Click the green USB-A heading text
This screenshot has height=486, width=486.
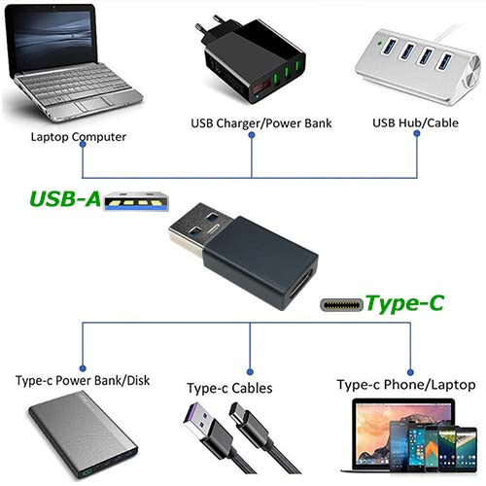click(65, 198)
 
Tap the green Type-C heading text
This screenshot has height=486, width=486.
click(404, 303)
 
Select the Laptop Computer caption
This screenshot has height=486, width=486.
click(79, 137)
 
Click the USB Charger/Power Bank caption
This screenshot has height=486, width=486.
click(261, 123)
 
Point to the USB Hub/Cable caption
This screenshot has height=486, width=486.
click(415, 122)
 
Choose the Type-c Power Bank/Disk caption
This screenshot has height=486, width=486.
click(83, 380)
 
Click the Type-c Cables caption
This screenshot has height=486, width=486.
click(229, 388)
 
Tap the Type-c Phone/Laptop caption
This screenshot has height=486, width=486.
click(406, 385)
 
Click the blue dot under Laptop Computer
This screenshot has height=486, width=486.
click(83, 144)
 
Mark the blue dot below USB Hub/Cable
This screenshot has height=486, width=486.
click(417, 133)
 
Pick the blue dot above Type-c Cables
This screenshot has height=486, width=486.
click(250, 371)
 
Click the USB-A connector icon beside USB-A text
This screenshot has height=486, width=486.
click(136, 201)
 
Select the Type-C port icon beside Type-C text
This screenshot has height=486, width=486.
click(341, 305)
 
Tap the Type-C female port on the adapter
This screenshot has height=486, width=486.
click(300, 284)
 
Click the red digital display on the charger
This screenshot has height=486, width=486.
click(260, 87)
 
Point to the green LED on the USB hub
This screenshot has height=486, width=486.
click(378, 42)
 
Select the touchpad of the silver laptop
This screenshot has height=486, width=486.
click(91, 104)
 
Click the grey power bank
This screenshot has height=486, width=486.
click(83, 435)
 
